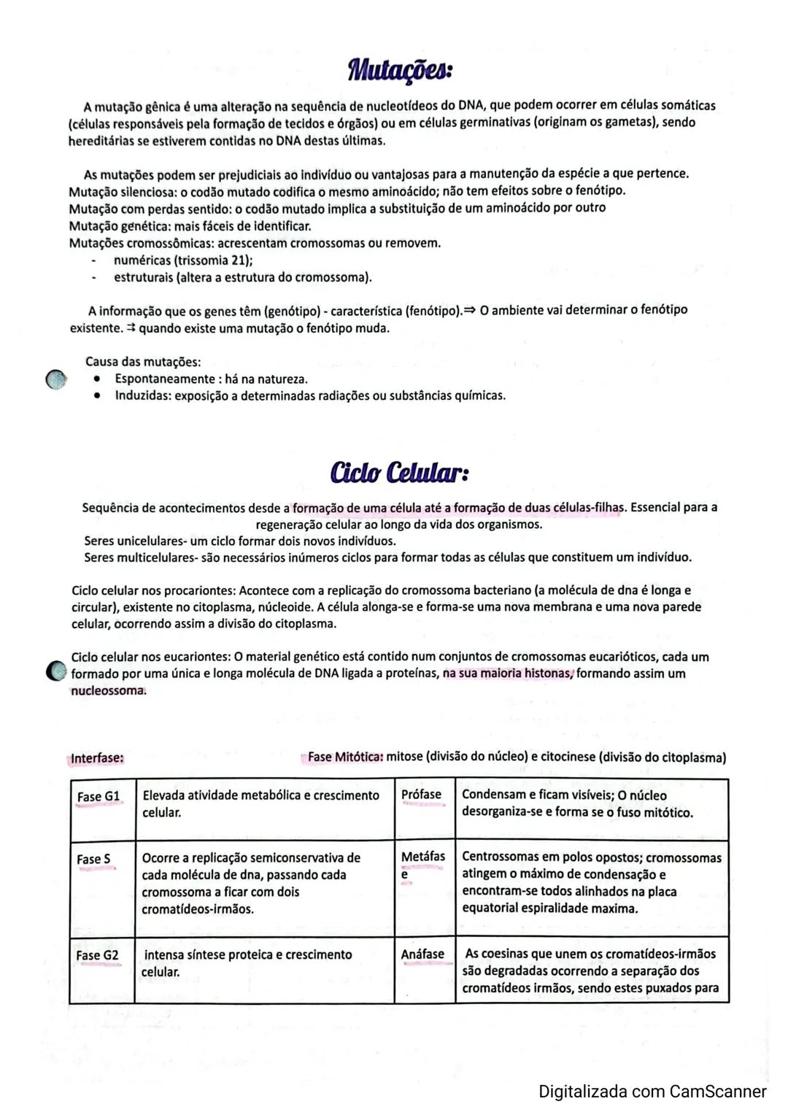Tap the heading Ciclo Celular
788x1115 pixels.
tap(399, 473)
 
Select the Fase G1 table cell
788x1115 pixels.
tap(98, 797)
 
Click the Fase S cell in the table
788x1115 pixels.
tap(94, 860)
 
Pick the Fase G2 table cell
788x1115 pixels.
tap(97, 955)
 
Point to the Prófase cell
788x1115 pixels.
tap(422, 795)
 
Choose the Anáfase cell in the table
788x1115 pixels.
tap(422, 954)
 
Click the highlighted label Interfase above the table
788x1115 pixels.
tap(97, 758)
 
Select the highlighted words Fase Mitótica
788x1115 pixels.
tap(345, 757)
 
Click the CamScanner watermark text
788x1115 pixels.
tap(652, 1091)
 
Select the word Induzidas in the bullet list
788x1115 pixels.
tap(142, 396)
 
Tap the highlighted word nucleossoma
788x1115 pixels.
tap(108, 691)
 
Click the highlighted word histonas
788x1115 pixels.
tap(548, 674)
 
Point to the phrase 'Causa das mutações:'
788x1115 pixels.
tap(143, 362)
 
